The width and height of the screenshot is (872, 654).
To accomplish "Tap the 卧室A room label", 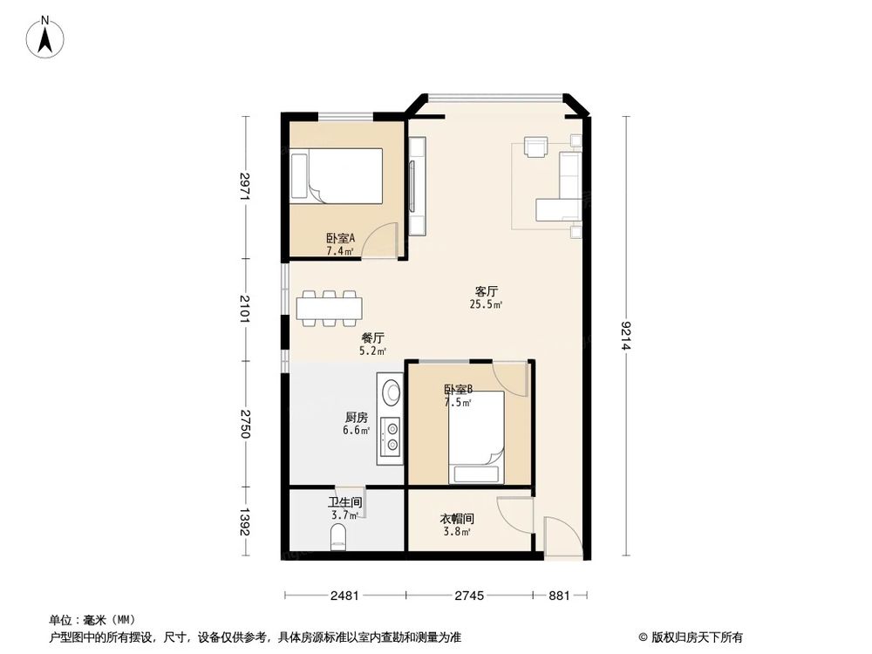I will pos(340,237).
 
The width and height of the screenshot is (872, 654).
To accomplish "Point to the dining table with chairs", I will pos(331,308).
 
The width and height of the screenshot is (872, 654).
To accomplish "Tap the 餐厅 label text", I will pos(373,337).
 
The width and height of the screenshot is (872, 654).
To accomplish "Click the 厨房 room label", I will pos(356,418).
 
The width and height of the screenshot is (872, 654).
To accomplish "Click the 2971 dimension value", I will pos(246,187).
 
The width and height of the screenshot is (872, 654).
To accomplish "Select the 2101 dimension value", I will pos(246,310).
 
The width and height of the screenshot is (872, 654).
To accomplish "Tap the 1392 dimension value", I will pos(246,521).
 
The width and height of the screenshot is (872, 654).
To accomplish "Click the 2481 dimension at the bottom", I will pos(344,596).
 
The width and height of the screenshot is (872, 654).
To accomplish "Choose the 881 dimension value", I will pos(560,596).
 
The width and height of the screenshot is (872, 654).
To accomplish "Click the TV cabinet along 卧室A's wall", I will pos(416,187).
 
